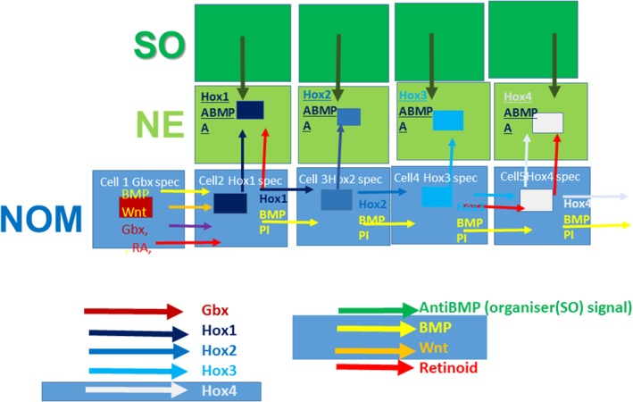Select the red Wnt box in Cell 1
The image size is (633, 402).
click(x=137, y=208)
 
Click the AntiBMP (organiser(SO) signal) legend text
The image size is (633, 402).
click(x=525, y=308)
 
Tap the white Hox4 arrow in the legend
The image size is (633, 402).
click(x=132, y=390)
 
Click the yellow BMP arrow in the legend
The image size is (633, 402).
click(x=376, y=328)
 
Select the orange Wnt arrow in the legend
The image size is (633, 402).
click(x=376, y=347)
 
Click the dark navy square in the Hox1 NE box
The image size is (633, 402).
click(x=250, y=109)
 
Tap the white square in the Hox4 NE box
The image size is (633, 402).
click(x=547, y=123)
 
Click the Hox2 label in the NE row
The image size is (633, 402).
click(x=317, y=95)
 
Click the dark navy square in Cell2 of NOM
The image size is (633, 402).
click(x=230, y=204)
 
